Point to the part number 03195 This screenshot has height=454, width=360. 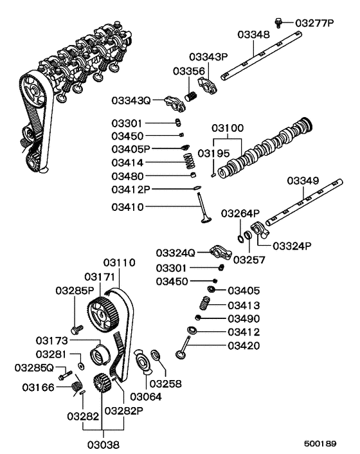213,153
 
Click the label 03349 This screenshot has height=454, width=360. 302,181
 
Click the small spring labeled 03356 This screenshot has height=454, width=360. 190,98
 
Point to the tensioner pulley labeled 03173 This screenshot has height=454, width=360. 100,353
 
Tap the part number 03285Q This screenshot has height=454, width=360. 35,368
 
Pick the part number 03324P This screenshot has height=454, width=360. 292,246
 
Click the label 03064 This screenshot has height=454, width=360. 147,397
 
